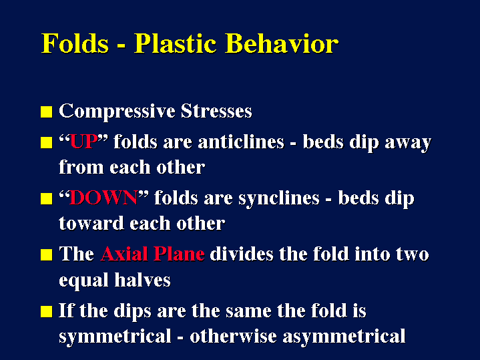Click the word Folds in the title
tap(75, 43)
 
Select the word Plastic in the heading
tap(176, 43)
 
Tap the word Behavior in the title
tap(282, 43)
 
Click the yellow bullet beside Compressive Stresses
tap(47, 112)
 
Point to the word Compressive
tap(117, 112)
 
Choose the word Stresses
tap(216, 111)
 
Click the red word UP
tap(83, 142)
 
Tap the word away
tap(408, 144)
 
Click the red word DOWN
tap(103, 198)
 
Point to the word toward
tap(91, 223)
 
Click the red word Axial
tap(124, 254)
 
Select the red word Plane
tap(179, 254)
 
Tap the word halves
tap(142, 280)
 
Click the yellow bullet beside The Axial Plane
tap(47, 254)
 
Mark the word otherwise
tap(233, 336)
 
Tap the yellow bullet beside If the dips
tap(47, 312)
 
